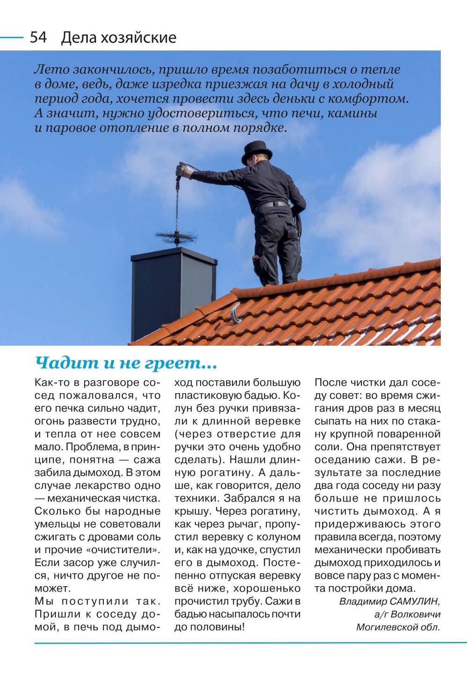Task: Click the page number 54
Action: (x=38, y=37)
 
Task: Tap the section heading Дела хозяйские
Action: (x=118, y=37)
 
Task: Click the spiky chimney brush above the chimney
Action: (x=176, y=236)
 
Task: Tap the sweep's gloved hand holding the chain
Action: (x=184, y=170)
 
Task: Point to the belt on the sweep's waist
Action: (x=274, y=204)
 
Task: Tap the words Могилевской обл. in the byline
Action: (x=398, y=627)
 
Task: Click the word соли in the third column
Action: (x=326, y=447)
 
